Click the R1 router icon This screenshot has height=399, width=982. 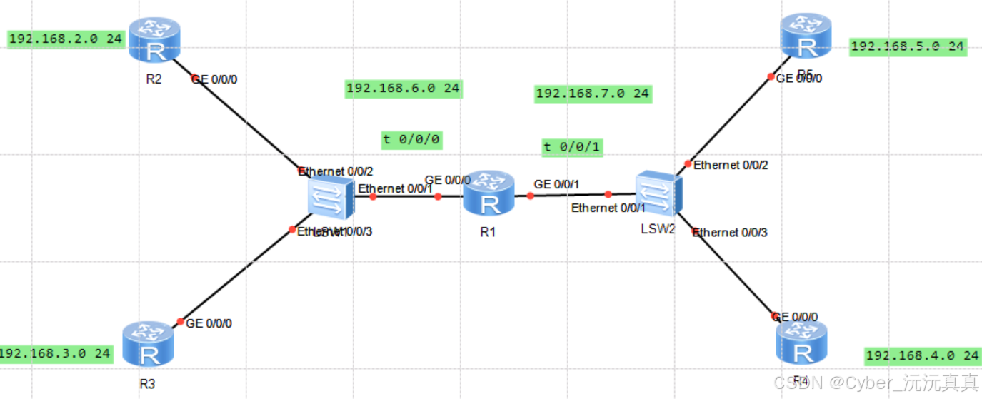point(489,193)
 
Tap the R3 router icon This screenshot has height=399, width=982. point(148,344)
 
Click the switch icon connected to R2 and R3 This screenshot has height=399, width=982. point(329,198)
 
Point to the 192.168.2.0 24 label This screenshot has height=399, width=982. point(66,39)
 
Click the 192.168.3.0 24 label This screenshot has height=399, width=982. point(56,353)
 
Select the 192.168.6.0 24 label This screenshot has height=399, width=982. point(403,89)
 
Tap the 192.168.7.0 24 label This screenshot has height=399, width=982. point(593,94)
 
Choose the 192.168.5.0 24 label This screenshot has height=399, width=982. point(907,46)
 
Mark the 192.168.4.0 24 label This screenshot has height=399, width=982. point(922,355)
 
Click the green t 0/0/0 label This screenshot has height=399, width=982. point(411,139)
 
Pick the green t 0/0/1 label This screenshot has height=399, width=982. point(572,148)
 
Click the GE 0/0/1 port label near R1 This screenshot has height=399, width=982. point(556,184)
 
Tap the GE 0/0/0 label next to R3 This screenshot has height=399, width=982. point(209,323)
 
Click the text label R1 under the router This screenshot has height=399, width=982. point(488,231)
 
